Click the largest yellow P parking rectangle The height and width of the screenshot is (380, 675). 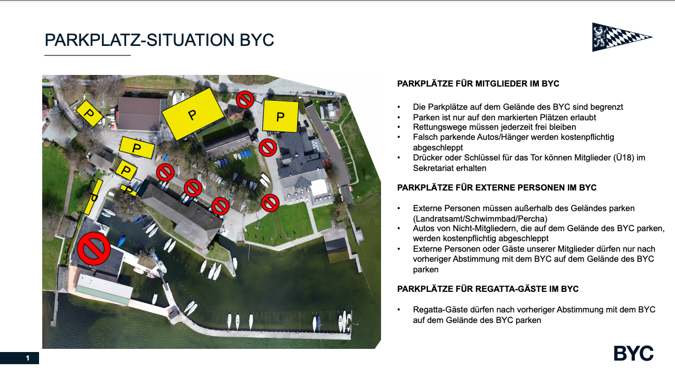(x=193, y=114)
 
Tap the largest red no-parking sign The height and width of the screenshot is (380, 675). (x=94, y=249)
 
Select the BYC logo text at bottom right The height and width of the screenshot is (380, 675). (x=633, y=353)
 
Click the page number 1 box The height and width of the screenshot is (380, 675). (x=20, y=358)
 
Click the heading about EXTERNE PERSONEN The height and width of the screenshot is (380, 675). (x=497, y=188)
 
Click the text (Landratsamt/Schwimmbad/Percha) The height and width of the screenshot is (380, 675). (x=480, y=218)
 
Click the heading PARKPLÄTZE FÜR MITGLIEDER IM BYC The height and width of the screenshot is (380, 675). (x=478, y=84)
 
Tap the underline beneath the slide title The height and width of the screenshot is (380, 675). (x=88, y=55)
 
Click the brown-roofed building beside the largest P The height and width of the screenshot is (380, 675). (x=139, y=113)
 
